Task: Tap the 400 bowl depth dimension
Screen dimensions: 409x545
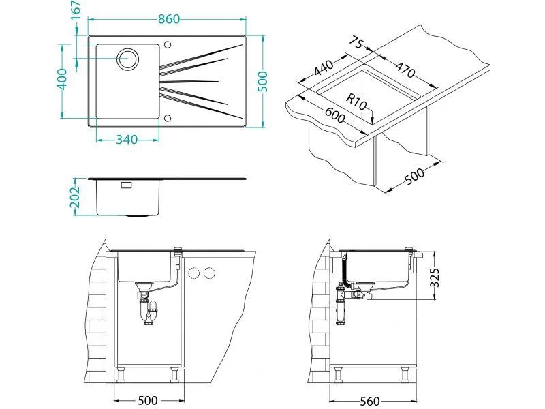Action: [62, 80]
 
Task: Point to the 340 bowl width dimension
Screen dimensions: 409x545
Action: [127, 140]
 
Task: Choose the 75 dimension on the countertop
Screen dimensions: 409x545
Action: [354, 44]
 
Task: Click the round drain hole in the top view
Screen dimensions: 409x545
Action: [127, 59]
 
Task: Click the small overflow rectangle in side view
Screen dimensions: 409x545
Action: [126, 185]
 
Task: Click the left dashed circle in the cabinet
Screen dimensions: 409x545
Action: [193, 273]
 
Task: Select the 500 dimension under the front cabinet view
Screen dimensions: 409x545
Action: [148, 401]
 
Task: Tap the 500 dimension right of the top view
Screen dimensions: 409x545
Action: [264, 81]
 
